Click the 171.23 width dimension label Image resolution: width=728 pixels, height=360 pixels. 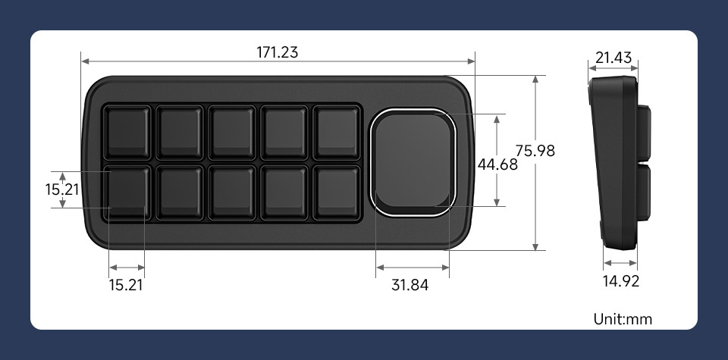click(278, 52)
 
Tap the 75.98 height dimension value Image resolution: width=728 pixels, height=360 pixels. click(535, 151)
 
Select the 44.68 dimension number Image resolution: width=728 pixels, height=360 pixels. click(497, 164)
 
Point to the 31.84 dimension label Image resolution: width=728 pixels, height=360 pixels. click(410, 285)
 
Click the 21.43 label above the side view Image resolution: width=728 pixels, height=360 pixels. click(613, 58)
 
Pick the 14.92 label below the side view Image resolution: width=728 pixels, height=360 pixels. click(621, 280)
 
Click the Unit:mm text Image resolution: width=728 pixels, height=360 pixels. click(623, 319)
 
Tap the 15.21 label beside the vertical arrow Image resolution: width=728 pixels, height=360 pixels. click(61, 189)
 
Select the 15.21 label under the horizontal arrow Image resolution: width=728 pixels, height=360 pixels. click(126, 285)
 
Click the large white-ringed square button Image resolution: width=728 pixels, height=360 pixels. click(413, 162)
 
